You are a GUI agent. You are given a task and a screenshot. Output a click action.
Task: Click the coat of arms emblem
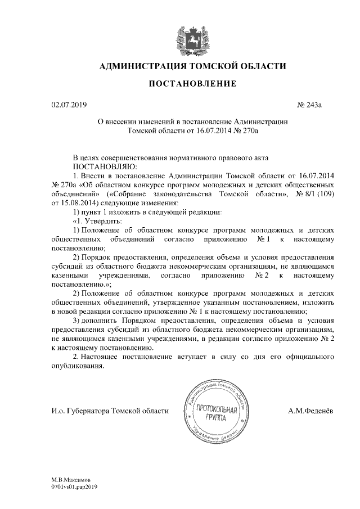192,37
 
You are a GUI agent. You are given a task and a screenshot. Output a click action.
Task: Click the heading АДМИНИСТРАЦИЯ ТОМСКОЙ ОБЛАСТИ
192,67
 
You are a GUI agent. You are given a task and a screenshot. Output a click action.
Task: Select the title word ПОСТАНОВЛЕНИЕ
192,84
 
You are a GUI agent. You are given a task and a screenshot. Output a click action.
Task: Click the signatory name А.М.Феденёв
310,411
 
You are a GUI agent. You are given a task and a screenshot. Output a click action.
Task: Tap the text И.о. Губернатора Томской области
110,411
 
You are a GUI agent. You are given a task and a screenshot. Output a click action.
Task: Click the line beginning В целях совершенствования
167,158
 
